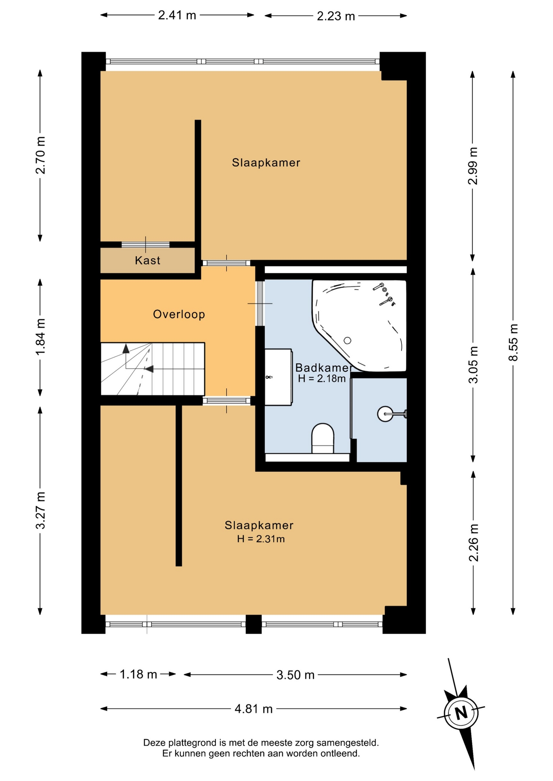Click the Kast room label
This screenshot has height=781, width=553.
(x=147, y=260)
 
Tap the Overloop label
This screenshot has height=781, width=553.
(x=179, y=314)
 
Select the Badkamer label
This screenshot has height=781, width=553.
(x=323, y=368)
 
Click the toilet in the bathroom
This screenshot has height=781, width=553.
(x=323, y=438)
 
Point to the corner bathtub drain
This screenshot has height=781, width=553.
(x=347, y=340)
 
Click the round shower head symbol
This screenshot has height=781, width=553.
(x=385, y=414)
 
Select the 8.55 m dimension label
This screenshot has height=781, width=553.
(x=513, y=342)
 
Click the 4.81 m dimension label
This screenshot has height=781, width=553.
(x=254, y=709)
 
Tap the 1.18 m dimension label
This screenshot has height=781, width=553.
(x=138, y=674)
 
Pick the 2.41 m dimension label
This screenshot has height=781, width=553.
(x=177, y=15)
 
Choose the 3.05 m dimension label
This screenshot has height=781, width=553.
(x=473, y=364)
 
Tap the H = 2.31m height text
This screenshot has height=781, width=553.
(x=261, y=539)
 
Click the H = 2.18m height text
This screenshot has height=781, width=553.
(x=322, y=379)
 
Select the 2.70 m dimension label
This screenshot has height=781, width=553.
(x=40, y=155)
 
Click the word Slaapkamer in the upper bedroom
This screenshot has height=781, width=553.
(x=266, y=163)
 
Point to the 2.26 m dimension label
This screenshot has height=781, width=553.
(x=473, y=543)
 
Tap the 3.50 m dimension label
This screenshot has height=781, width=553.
(x=296, y=675)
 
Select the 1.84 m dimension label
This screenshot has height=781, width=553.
(x=40, y=337)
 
